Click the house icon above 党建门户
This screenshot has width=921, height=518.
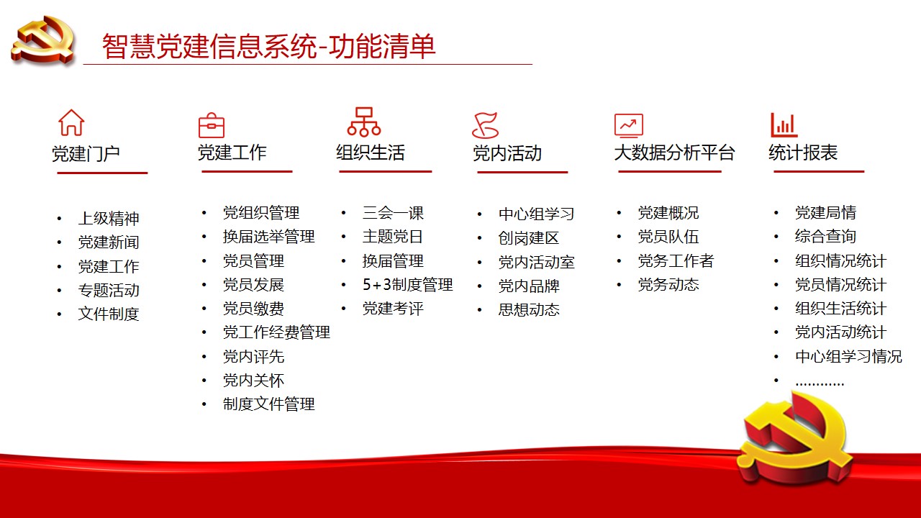click(x=71, y=122)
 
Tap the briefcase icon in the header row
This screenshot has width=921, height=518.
click(x=212, y=125)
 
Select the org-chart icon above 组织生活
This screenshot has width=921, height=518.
click(x=364, y=122)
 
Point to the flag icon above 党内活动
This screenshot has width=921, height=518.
click(x=486, y=125)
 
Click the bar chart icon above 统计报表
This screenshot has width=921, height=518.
click(x=784, y=125)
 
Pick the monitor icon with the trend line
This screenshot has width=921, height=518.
click(x=629, y=125)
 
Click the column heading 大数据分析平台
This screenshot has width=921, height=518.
click(x=674, y=153)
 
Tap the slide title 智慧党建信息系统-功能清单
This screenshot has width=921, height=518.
click(x=268, y=46)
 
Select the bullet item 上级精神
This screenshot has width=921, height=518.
click(x=109, y=218)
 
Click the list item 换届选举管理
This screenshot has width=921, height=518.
click(x=268, y=237)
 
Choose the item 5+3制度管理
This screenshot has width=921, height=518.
click(x=407, y=284)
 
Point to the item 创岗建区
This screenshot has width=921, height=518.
click(x=529, y=238)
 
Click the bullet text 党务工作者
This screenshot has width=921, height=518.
click(x=676, y=260)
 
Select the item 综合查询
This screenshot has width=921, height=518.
click(x=825, y=237)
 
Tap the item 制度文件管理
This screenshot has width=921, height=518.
click(x=268, y=404)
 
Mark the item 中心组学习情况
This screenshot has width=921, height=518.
click(x=848, y=356)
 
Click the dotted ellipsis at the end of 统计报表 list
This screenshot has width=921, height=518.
click(x=820, y=384)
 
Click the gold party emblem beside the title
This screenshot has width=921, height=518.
click(x=43, y=40)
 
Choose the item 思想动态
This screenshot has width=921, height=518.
click(x=529, y=309)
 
